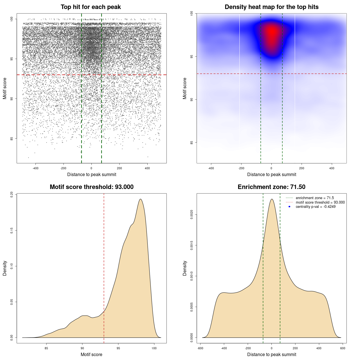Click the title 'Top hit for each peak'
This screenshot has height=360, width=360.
(x=91, y=7)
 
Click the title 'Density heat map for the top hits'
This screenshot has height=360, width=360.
(x=271, y=7)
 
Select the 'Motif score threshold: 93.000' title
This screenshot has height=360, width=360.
(x=91, y=187)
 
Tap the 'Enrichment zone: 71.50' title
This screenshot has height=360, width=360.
(x=271, y=187)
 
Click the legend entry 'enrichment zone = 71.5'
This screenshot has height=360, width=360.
(x=315, y=198)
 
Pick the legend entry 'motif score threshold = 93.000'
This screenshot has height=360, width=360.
(x=320, y=202)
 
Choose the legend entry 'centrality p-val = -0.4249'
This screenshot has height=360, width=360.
(x=316, y=207)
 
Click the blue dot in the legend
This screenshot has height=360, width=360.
(x=289, y=207)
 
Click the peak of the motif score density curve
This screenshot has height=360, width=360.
(x=140, y=199)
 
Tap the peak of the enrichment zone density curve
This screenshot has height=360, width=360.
(x=272, y=199)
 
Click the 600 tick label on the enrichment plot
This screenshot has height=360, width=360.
(x=343, y=348)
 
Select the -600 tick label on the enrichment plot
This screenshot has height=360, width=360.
(x=200, y=348)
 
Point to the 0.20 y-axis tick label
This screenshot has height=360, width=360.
(x=12, y=195)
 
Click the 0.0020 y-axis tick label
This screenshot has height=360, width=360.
(x=192, y=215)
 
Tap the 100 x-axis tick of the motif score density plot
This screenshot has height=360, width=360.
(x=154, y=348)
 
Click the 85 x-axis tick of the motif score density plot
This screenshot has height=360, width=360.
(x=46, y=348)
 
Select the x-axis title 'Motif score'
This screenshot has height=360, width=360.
(x=91, y=354)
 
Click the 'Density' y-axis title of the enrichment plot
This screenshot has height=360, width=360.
(x=185, y=268)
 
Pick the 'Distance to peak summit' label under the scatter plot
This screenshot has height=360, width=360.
(x=92, y=174)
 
